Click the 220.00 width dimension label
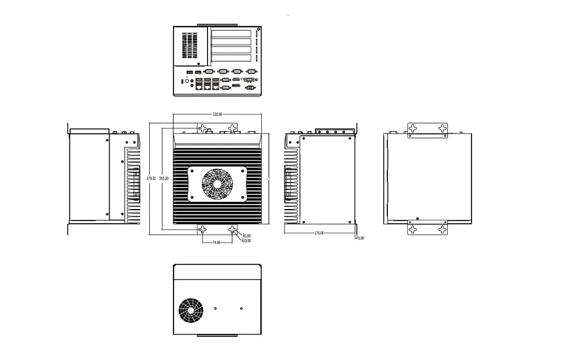click(x=217, y=114)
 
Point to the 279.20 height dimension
click(x=151, y=178)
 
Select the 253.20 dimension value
click(x=164, y=178)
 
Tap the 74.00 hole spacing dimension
click(x=216, y=242)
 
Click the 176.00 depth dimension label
click(x=319, y=233)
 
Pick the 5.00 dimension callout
click(x=361, y=238)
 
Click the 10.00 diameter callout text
click(x=246, y=241)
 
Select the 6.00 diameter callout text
click(x=247, y=236)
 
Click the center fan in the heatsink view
click(x=217, y=183)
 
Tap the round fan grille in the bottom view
click(x=191, y=310)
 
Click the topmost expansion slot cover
click(x=231, y=33)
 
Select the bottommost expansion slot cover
click(x=231, y=58)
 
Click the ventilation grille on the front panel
click(x=192, y=45)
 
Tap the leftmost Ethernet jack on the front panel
click(x=200, y=87)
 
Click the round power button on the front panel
click(x=188, y=81)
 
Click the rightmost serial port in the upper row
click(x=251, y=72)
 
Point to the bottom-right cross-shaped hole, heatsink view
click(x=233, y=229)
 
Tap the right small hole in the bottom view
click(x=241, y=309)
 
